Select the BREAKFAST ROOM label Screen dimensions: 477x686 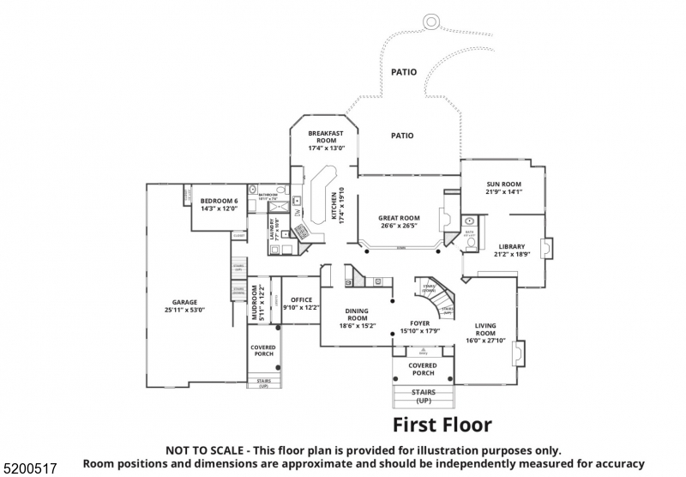click(326, 137)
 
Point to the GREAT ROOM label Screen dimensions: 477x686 click(399, 218)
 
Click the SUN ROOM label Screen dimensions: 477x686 click(503, 184)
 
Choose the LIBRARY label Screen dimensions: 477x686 click(512, 246)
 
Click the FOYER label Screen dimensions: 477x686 click(419, 323)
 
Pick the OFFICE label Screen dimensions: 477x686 click(301, 300)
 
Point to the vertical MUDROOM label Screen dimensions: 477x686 click(255, 305)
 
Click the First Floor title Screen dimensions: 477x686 click(442, 425)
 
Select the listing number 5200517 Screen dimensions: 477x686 click(30, 468)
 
